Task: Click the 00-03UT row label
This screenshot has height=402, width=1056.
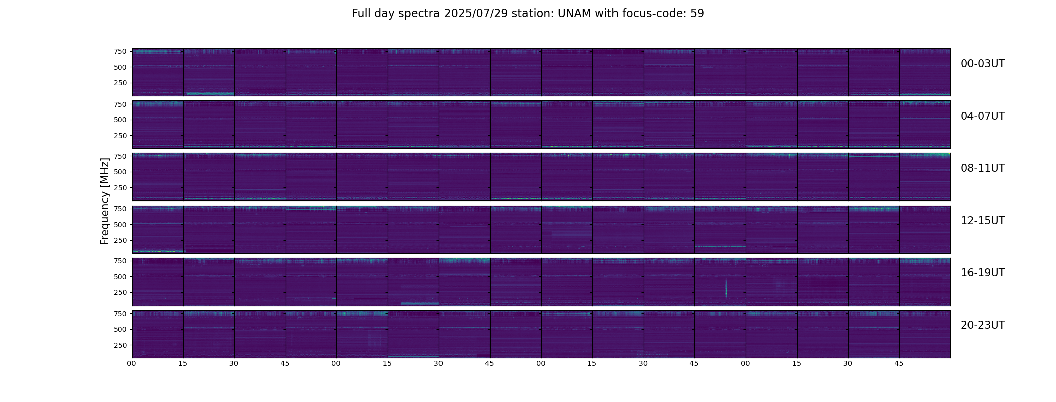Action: (983, 64)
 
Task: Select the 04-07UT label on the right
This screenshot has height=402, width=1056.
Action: (983, 116)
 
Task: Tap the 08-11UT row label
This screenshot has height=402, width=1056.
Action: (983, 168)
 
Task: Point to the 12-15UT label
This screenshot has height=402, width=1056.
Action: (983, 221)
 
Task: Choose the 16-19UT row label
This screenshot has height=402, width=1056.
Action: (983, 273)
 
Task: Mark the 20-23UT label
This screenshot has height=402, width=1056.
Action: (983, 325)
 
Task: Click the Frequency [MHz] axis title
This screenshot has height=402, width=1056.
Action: (105, 201)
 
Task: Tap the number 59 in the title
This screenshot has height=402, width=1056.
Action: (697, 14)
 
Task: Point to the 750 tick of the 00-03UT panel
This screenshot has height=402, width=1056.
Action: (120, 51)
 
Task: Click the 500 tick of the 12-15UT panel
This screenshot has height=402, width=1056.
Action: (120, 224)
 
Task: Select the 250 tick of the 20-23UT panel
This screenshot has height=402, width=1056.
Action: (120, 345)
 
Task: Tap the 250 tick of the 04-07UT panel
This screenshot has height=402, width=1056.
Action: (120, 136)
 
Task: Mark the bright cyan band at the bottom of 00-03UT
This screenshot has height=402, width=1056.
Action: (210, 94)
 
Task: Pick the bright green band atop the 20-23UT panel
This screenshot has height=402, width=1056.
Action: (362, 313)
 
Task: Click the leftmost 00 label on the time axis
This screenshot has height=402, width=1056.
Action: (132, 363)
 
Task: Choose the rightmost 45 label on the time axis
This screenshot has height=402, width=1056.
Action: (899, 363)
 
